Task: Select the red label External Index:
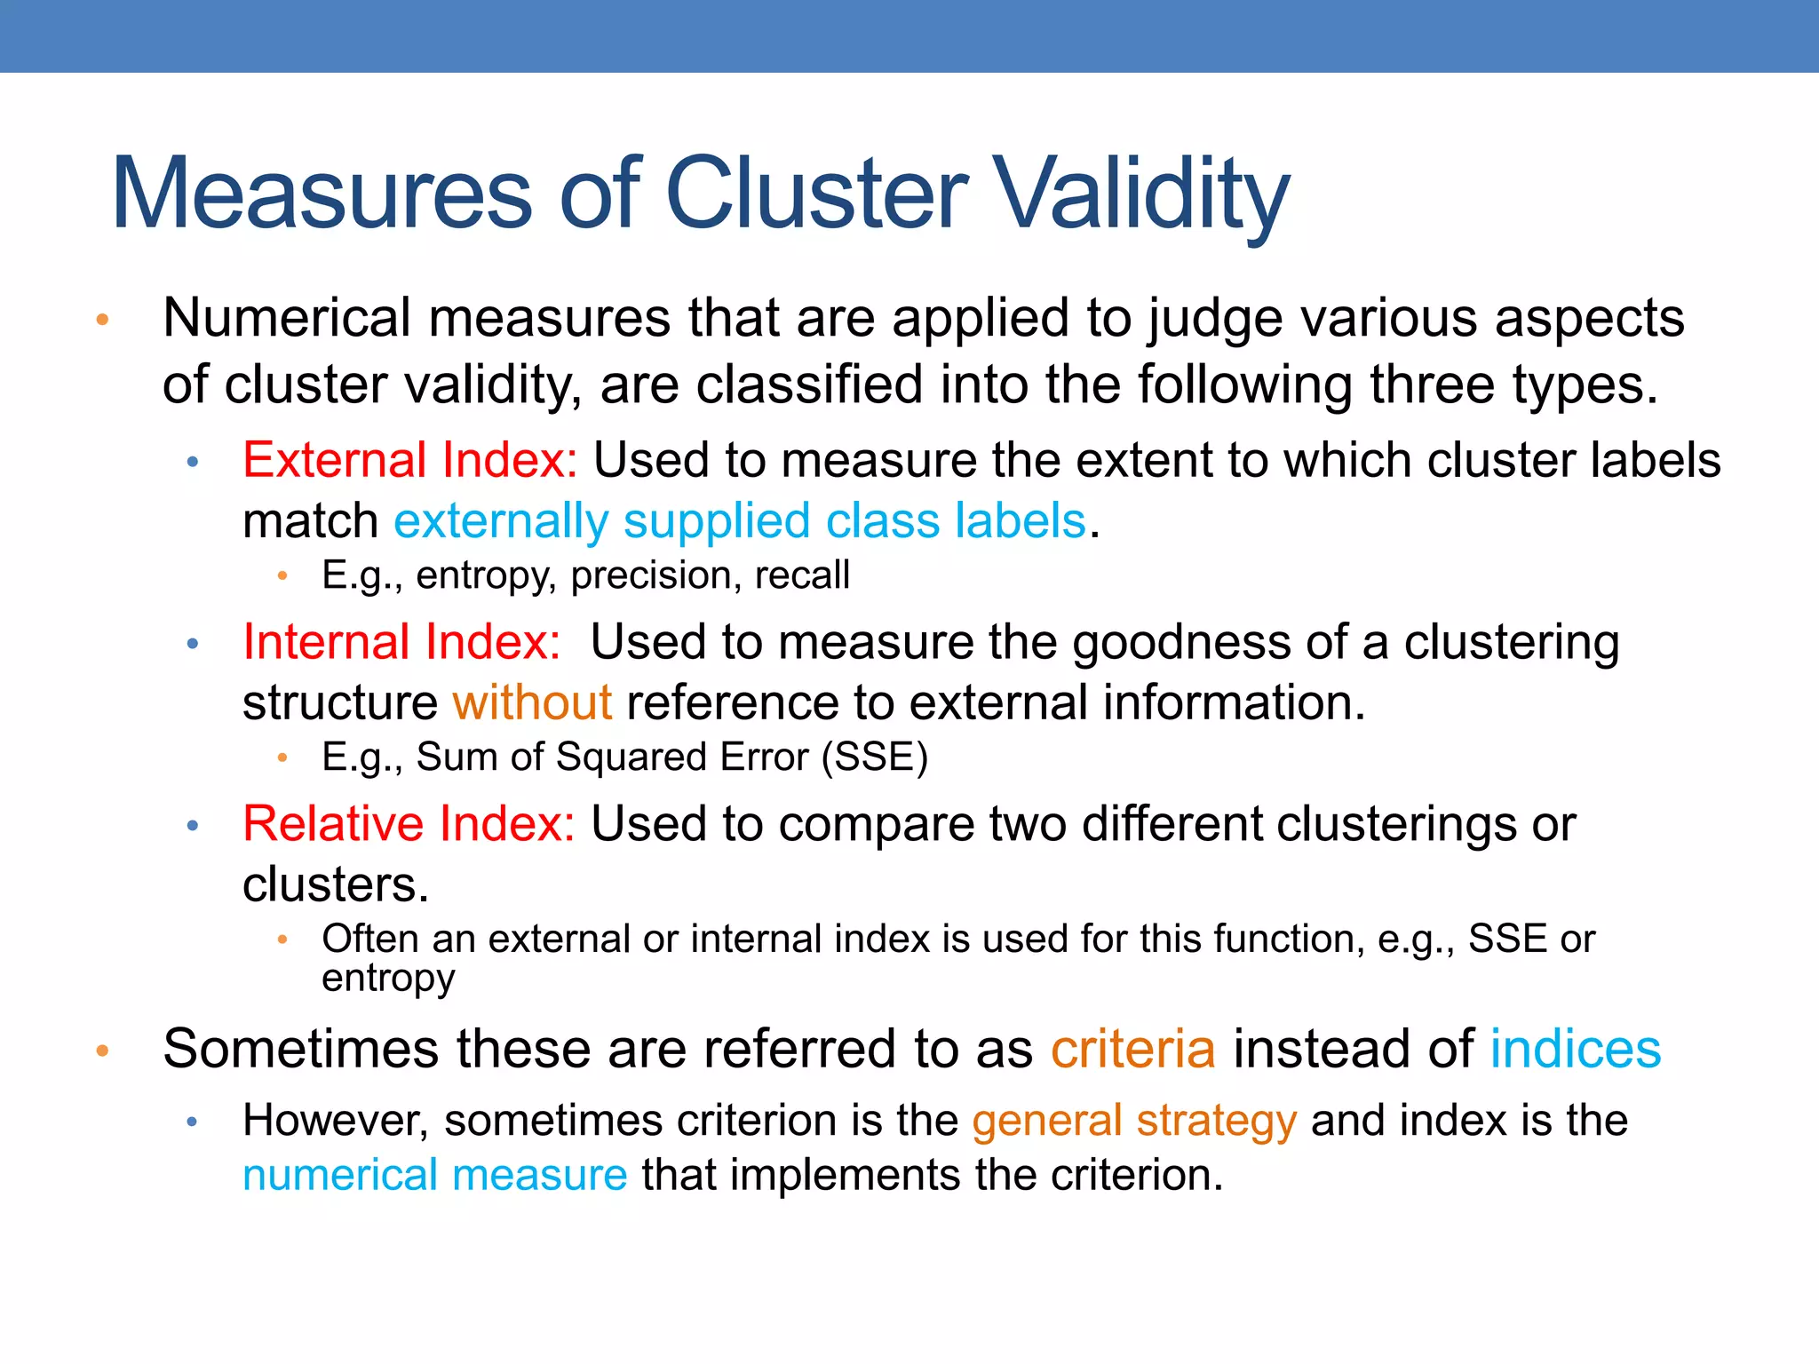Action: point(409,461)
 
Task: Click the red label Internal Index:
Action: point(401,642)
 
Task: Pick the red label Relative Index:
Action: point(409,824)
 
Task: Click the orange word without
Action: point(531,703)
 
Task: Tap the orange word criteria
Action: point(1132,1049)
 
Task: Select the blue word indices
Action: point(1575,1049)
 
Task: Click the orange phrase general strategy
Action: point(1134,1121)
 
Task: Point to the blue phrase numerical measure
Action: point(435,1176)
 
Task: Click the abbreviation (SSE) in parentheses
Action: point(874,757)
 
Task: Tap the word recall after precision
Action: point(802,575)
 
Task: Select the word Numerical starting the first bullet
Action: point(287,318)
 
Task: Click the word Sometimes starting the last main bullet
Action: point(301,1049)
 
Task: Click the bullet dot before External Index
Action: point(193,462)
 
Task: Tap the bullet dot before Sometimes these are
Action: point(102,1051)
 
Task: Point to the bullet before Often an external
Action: point(282,939)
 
